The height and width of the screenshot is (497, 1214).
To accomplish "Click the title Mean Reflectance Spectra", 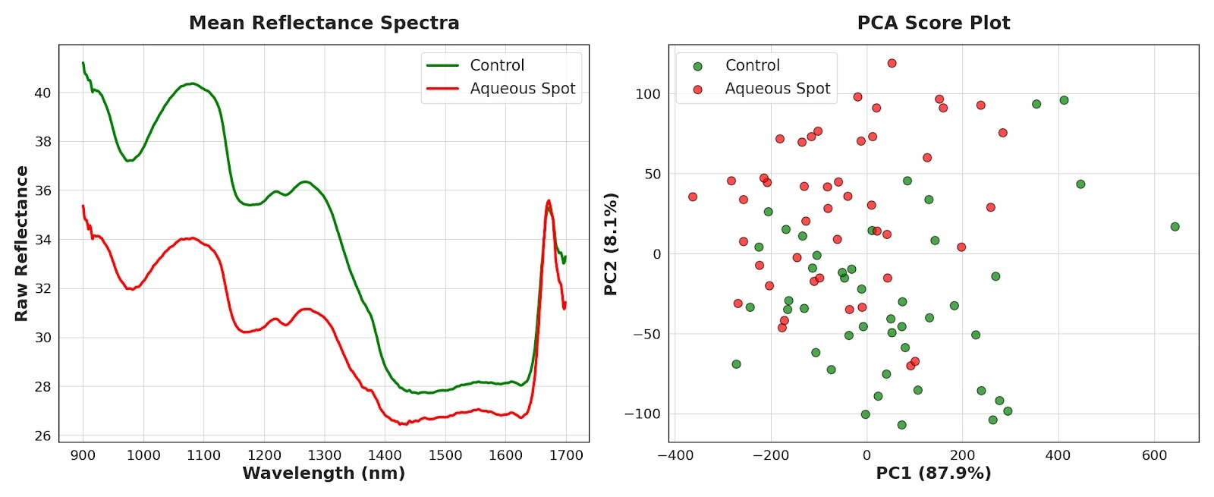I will tap(324, 23).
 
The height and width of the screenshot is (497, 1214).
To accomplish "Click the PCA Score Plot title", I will tap(933, 23).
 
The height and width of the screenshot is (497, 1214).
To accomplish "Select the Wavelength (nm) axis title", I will tap(323, 473).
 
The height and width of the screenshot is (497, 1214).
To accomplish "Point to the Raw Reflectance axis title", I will tap(21, 244).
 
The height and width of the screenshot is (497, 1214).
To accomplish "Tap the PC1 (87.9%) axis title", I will tap(933, 473).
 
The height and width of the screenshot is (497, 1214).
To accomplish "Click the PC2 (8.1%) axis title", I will tap(611, 244).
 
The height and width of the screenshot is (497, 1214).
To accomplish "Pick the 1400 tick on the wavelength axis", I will tap(385, 455).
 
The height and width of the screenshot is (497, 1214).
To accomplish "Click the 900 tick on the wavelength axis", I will tap(83, 455).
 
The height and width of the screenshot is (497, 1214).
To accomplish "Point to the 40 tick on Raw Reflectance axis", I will tap(42, 93).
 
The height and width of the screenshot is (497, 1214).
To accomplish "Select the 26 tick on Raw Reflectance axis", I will tap(42, 436).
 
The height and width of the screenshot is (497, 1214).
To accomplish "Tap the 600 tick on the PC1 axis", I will tap(1154, 455).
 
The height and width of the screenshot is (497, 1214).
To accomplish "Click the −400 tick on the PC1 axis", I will tap(675, 455).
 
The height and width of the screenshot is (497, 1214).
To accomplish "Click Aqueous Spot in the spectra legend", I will tap(522, 89).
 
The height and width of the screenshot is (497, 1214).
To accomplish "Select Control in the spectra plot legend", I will tap(497, 65).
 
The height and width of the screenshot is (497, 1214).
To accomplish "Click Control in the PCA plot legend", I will tap(752, 65).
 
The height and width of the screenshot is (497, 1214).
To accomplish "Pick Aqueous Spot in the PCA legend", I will tap(777, 89).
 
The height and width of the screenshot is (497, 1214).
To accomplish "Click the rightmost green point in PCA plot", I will tap(1175, 227).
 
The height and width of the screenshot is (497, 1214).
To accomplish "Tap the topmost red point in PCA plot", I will tap(892, 64).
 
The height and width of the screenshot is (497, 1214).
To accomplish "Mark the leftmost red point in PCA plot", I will tap(693, 197).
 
